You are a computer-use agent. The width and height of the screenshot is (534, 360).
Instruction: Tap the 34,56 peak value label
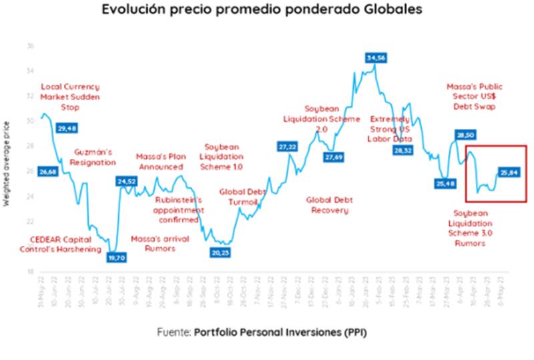pos(376,58)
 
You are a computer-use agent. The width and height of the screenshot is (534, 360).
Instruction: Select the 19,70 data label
pos(117,257)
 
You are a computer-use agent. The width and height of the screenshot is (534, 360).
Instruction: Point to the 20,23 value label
pos(220,253)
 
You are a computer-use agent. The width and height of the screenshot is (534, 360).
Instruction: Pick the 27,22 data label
pos(287,146)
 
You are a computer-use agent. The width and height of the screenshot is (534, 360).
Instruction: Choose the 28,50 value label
pos(465,135)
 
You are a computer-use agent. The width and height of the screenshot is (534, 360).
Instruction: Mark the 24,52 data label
pos(127,181)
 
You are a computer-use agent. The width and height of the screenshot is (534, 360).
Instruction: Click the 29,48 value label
pos(67,128)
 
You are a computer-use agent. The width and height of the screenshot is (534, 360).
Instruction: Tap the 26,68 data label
pos(48,172)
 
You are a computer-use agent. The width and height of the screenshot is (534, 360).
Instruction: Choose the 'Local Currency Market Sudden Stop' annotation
pos(70,96)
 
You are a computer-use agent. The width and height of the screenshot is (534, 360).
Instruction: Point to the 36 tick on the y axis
pos(31,46)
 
